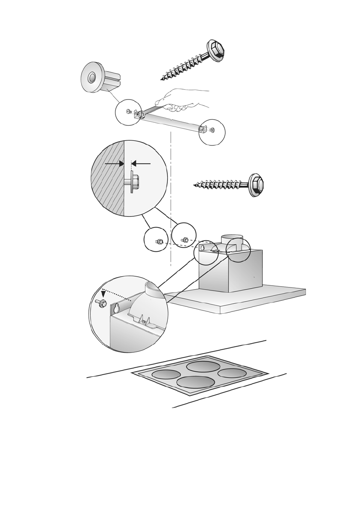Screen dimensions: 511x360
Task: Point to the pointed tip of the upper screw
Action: tap(162, 79)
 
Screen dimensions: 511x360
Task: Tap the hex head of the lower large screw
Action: tap(256, 185)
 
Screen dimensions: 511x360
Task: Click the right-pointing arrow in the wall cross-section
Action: tap(115, 163)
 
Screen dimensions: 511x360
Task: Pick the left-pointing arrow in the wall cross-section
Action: tap(141, 163)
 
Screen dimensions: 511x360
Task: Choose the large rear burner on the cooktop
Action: tap(203, 366)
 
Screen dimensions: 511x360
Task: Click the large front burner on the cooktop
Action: tap(195, 382)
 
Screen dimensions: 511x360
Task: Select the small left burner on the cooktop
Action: tap(166, 375)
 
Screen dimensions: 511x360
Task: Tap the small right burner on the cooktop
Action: tap(232, 373)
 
